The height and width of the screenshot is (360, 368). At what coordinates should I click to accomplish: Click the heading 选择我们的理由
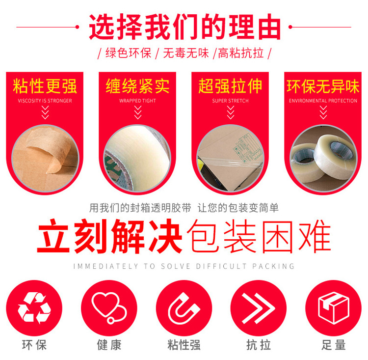pos(184,27)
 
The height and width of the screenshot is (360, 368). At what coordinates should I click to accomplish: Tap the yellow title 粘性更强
pos(45,86)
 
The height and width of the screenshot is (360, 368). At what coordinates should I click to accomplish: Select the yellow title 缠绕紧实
pos(137,86)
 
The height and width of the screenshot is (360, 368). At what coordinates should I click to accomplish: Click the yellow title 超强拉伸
pos(230,86)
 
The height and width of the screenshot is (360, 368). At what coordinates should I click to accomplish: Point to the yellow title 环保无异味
pos(323,86)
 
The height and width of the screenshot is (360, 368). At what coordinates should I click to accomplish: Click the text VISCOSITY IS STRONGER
pos(45,101)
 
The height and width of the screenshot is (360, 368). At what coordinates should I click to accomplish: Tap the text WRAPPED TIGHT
pos(137,101)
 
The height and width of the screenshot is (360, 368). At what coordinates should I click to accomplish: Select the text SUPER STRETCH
pos(230,101)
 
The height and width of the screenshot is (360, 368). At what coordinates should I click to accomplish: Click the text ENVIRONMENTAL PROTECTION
pos(323,101)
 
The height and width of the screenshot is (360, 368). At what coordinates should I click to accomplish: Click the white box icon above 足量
pos(334,308)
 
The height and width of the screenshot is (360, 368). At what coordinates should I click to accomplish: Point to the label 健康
pos(109,345)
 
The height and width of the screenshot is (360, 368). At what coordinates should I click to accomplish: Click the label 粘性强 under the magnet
pos(184,345)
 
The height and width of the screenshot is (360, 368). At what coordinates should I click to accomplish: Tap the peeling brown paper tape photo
pos(45,158)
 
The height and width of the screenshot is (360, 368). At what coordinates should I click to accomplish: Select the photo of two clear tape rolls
pos(323,158)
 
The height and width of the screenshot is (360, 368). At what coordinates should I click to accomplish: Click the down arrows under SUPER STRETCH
pos(231,112)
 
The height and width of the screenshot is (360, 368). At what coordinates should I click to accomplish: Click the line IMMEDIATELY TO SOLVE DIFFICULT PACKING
pos(184,266)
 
